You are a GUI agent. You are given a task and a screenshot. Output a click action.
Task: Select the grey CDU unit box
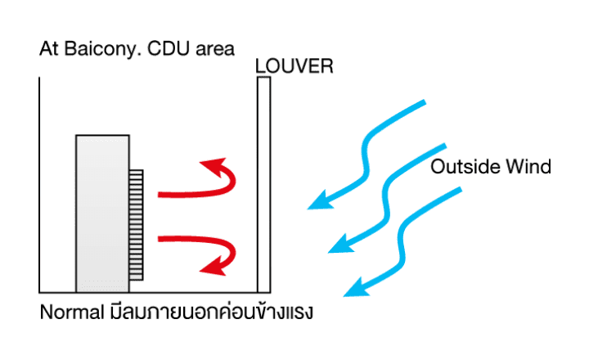102,213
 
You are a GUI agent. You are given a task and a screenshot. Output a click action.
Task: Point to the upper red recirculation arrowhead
212,164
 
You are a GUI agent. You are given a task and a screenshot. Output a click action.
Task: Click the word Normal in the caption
70,313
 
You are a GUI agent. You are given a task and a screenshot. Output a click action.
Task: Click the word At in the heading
48,48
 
